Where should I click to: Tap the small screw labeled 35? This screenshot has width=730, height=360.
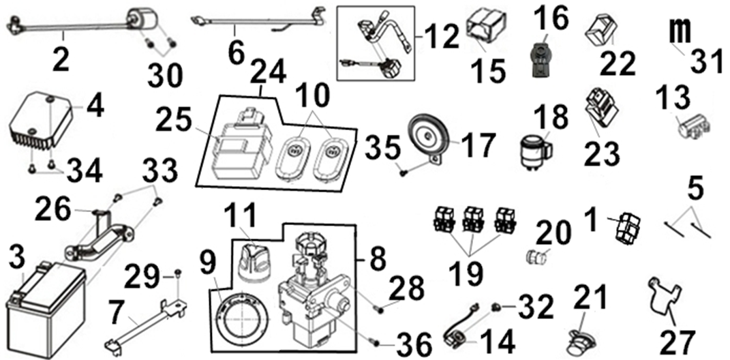[x=403, y=172]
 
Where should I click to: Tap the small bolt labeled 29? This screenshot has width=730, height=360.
[x=177, y=273]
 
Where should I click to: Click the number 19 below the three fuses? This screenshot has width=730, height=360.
[x=470, y=271]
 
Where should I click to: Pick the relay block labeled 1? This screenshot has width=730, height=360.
[x=625, y=227]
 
